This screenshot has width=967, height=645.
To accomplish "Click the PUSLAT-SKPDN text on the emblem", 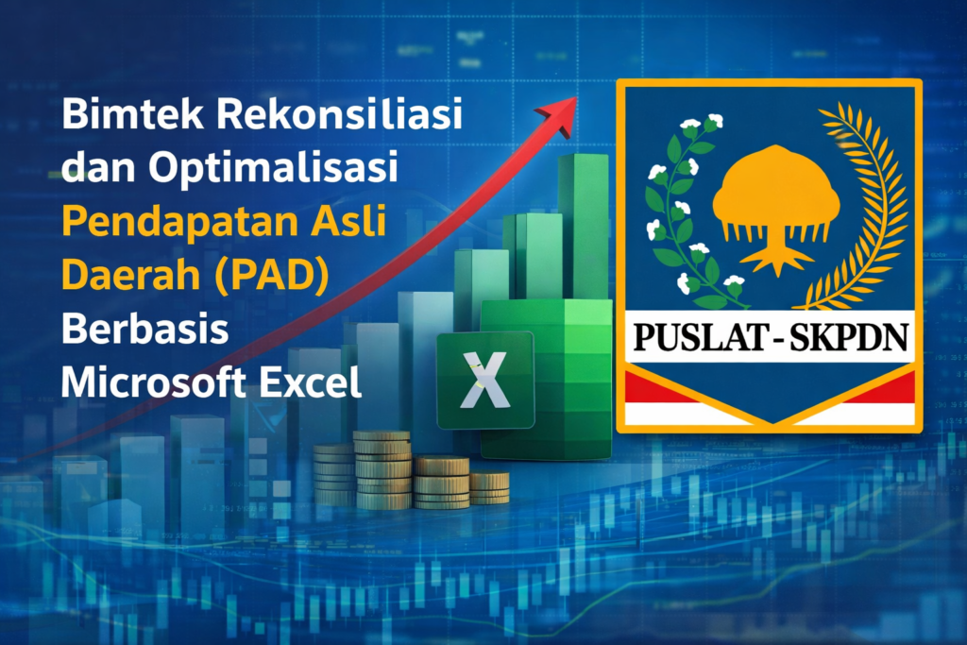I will coord(766,337).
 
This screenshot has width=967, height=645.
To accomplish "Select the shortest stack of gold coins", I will coord(489,486).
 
